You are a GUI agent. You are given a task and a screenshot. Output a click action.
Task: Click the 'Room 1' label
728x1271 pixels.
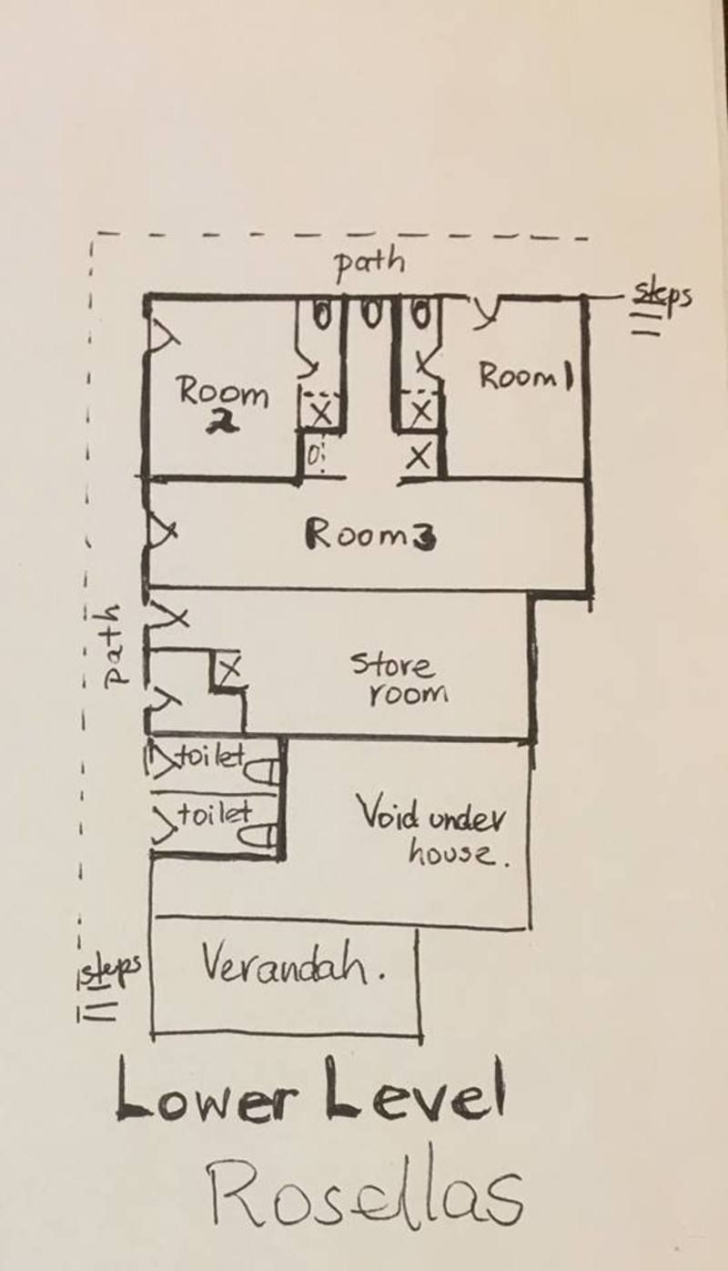tap(526, 376)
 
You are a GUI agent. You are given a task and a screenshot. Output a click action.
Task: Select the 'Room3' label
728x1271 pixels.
tap(370, 535)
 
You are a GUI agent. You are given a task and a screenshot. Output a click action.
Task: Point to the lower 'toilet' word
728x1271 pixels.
tap(215, 814)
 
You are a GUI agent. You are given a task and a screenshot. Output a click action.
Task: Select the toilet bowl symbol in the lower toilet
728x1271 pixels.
tap(258, 836)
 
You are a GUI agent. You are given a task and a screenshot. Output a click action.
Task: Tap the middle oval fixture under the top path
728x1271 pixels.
tap(370, 314)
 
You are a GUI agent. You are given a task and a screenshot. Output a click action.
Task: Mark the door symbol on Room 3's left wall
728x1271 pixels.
tap(163, 533)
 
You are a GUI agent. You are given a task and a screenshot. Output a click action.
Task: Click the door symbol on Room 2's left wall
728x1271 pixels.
tap(163, 341)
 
